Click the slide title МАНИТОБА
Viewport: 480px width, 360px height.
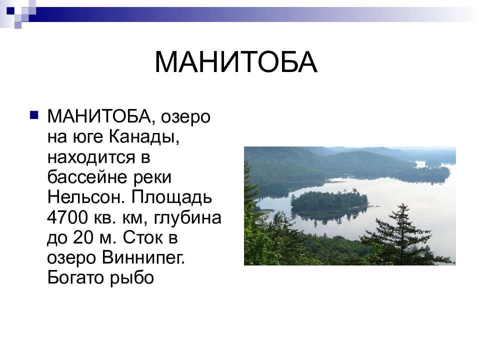pos(235,62)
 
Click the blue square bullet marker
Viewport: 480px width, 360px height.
pos(34,116)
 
